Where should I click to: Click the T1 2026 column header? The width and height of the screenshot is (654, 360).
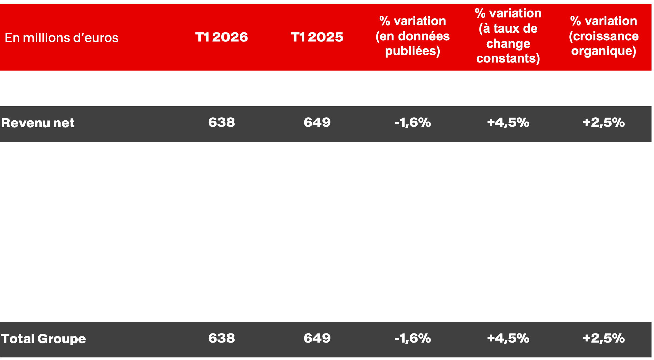[221, 37]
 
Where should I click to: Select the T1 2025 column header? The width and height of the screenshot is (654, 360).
[317, 37]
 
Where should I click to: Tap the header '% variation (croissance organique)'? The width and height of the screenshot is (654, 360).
[604, 36]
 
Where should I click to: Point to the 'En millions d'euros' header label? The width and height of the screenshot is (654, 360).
[61, 38]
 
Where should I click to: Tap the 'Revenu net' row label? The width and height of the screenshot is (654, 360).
[38, 123]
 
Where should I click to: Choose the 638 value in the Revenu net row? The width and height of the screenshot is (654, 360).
[221, 122]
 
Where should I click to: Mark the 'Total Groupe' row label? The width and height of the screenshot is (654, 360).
[43, 339]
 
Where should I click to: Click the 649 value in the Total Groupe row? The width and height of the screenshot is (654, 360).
[317, 338]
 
